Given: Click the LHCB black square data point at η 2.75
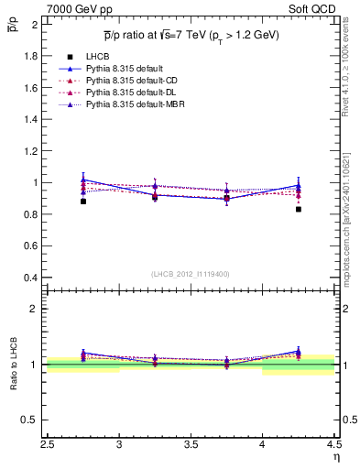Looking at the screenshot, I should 83,201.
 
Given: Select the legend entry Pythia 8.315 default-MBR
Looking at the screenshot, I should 125,105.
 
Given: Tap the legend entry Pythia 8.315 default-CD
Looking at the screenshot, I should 122,81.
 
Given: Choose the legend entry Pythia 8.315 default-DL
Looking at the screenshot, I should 122,93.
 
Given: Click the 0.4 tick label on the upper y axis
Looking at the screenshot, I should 32,278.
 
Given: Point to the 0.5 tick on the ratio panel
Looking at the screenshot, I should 31,420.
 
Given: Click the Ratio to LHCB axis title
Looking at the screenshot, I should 14,365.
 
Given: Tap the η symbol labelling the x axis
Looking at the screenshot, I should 336,456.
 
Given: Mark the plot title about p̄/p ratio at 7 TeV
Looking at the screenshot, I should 191,35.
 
